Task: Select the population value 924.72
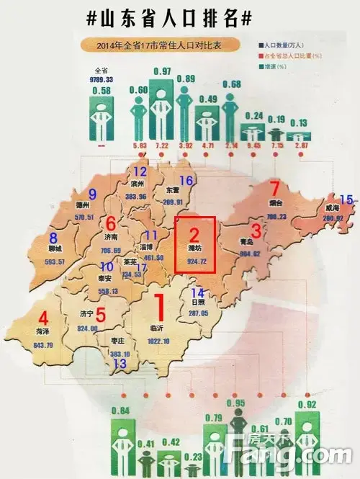(195, 260)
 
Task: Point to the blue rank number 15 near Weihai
(346, 200)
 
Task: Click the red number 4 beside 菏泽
(43, 317)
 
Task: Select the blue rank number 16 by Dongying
(186, 181)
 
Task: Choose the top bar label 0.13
(297, 122)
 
